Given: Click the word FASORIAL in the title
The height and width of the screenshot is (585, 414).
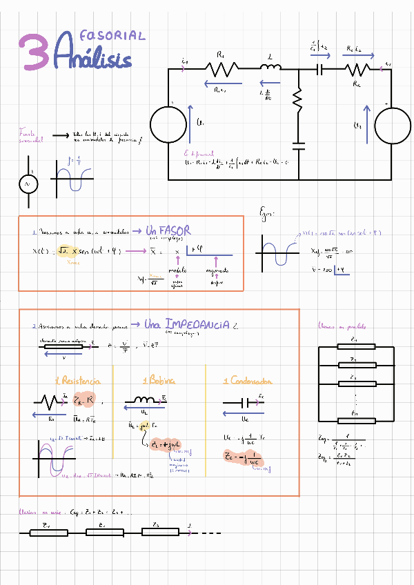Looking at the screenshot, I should pos(112,35).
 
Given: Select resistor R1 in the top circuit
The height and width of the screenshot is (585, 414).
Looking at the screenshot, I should pos(221,68).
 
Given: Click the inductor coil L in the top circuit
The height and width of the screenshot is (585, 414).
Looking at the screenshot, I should pos(270,67).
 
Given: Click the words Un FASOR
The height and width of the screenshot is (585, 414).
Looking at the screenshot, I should pos(168,230).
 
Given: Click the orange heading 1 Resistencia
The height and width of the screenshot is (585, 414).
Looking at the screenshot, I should pos(77,381).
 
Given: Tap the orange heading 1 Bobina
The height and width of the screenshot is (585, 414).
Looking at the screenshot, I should pos(159,381).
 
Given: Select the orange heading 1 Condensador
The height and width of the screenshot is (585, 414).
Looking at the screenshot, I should pos(248,381).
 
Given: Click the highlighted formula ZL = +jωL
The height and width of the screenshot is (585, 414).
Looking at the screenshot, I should pos(165,446).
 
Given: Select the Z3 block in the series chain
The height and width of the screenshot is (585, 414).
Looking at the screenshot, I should pos(159,533).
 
